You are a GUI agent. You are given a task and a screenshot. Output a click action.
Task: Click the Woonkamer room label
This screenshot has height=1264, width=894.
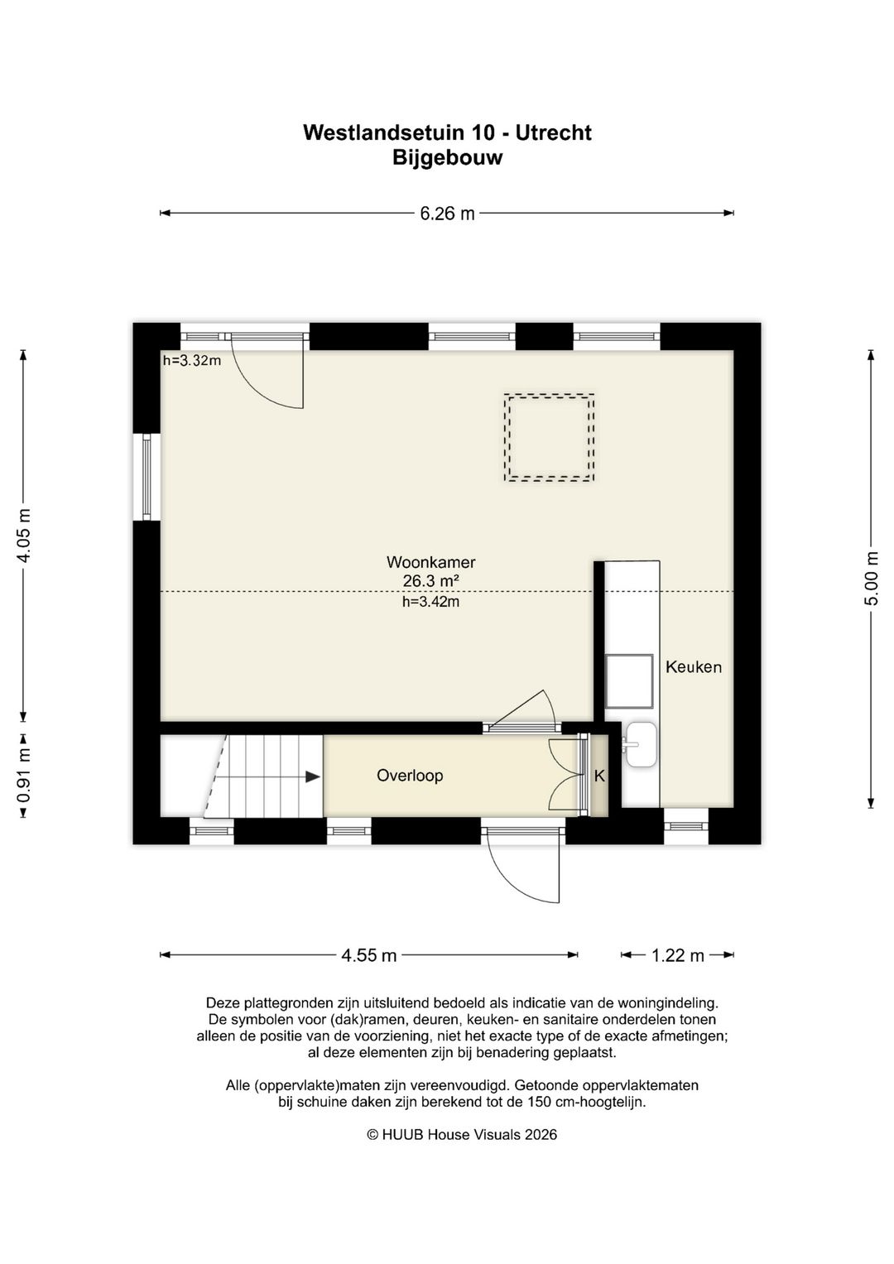tap(430, 563)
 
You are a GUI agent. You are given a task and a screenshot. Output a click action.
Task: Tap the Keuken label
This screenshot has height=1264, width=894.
tap(693, 667)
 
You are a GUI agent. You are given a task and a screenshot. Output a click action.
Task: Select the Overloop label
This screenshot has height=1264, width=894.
tap(410, 776)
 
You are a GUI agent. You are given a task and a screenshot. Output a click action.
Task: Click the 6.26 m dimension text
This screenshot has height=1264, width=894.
tap(447, 214)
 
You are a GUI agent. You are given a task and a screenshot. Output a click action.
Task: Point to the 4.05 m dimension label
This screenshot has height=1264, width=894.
tap(24, 536)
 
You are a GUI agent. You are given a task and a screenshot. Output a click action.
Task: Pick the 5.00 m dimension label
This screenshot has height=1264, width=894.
tap(872, 578)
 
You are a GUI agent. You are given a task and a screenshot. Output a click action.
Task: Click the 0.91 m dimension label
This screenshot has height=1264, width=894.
tap(24, 776)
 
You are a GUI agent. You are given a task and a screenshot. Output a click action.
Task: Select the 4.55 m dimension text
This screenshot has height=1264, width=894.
tap(368, 956)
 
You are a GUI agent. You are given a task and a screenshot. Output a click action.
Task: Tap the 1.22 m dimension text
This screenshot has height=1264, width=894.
tap(677, 956)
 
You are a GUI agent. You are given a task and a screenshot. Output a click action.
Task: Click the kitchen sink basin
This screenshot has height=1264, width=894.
tap(642, 744)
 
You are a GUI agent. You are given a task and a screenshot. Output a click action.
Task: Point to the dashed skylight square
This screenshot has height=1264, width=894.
tap(549, 438)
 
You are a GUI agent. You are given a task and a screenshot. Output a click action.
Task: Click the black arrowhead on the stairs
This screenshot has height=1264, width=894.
tap(313, 777)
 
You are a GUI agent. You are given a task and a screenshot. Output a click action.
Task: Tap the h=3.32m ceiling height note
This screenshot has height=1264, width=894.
tap(191, 361)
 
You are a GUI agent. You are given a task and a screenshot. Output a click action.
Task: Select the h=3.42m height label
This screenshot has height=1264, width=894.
tap(430, 602)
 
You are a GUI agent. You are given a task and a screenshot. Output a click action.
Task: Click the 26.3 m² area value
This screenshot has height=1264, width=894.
tap(430, 580)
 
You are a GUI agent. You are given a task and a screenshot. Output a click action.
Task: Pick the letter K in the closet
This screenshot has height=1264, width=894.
tap(599, 776)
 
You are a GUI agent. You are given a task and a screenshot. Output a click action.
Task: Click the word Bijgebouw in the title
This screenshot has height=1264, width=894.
tap(447, 157)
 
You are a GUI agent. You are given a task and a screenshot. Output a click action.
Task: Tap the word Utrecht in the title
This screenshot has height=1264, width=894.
tap(553, 133)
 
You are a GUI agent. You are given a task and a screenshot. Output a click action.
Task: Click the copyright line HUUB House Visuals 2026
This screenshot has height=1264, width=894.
tap(462, 1135)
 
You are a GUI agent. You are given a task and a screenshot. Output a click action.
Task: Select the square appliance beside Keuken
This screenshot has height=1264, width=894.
tap(629, 681)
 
